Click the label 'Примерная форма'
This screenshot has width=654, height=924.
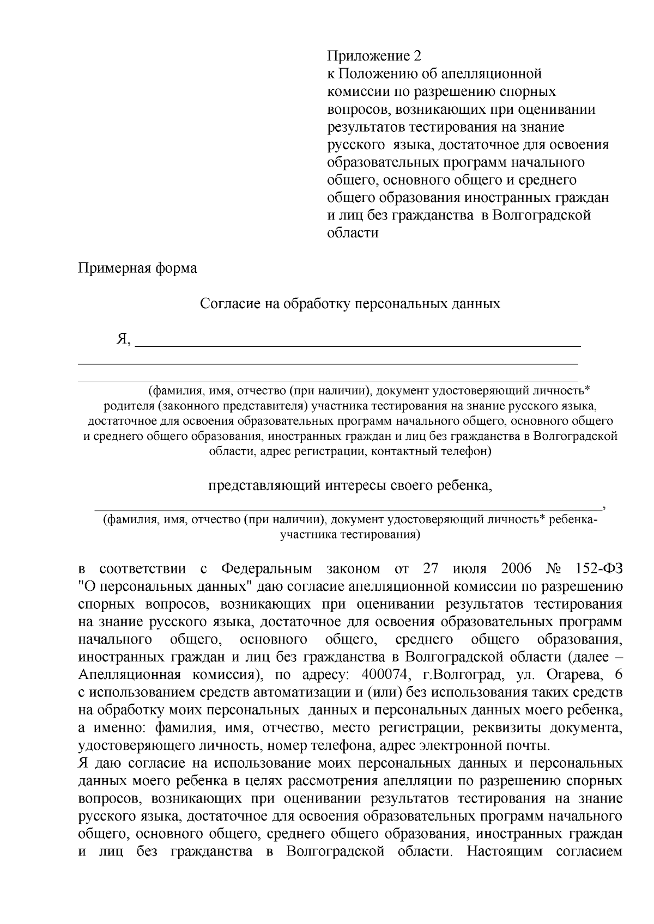click(x=137, y=268)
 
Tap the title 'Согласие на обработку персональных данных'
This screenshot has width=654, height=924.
click(x=350, y=304)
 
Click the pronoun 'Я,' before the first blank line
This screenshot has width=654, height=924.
click(x=124, y=340)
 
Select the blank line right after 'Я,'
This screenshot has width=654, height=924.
click(x=358, y=345)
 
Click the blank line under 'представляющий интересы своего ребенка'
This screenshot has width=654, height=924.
click(x=349, y=509)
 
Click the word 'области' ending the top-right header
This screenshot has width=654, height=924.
click(x=352, y=233)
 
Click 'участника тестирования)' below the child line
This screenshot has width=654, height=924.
click(x=350, y=535)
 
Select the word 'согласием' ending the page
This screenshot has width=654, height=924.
click(x=589, y=852)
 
